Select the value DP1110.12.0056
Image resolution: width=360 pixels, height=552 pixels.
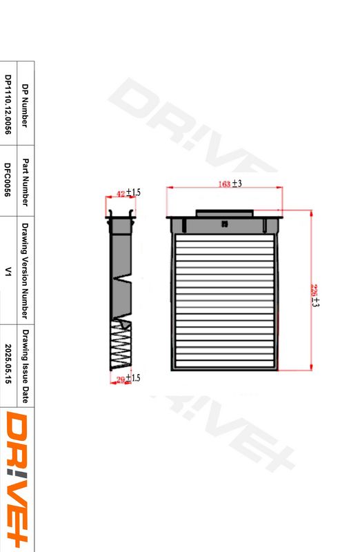click(8, 104)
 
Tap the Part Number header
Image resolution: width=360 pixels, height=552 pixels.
click(26, 182)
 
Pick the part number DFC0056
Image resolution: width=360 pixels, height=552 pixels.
click(8, 179)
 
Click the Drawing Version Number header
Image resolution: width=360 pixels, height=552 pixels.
click(26, 270)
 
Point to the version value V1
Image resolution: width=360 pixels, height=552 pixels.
click(8, 271)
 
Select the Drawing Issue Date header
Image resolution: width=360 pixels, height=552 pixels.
click(26, 366)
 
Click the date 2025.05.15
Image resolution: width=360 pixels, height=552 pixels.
click(8, 364)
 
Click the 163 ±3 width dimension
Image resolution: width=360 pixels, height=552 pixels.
click(230, 184)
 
